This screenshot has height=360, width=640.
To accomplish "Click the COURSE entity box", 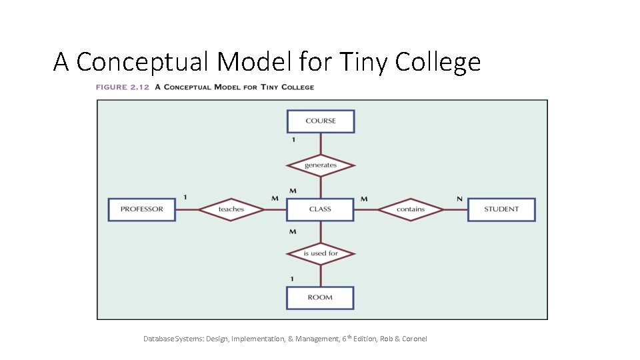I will click(321, 121).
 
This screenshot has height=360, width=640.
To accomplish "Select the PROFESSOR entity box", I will click(142, 209).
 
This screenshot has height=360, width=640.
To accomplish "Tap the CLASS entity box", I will click(320, 209).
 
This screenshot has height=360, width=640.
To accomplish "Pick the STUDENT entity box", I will click(501, 209).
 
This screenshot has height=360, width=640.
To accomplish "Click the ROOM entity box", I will click(320, 297).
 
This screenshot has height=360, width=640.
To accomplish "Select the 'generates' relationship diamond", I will click(321, 165).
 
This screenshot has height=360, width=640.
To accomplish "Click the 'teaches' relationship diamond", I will click(231, 209).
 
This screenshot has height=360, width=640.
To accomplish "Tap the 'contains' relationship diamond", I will click(411, 209).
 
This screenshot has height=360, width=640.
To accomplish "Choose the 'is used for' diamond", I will click(321, 253).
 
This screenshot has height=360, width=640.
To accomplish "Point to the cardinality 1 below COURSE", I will click(293, 140).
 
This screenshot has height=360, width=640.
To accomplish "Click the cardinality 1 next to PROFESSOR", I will click(185, 197).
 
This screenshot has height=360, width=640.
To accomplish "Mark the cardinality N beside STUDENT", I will click(459, 199).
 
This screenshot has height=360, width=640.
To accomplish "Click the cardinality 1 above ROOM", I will click(292, 279).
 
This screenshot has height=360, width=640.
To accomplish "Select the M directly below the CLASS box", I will click(293, 231).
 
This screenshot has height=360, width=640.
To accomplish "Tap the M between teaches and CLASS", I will click(275, 199).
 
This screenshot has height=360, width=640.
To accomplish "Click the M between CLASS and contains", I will click(364, 199).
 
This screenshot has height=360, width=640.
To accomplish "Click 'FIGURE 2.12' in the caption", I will click(123, 87).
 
